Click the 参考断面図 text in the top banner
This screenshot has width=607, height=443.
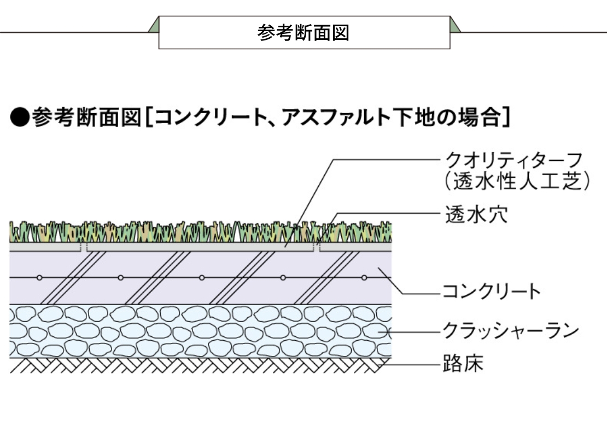tap(303, 33)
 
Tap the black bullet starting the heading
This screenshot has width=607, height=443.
tap(19, 117)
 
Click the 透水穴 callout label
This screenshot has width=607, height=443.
tap(476, 214)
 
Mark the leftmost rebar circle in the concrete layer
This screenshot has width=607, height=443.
tap(39, 278)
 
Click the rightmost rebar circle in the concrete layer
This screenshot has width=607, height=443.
tap(364, 278)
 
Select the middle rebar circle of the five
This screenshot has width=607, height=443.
tap(202, 278)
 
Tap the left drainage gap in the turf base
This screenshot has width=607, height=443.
tap(84, 247)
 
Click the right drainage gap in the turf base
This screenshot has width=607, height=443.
tap(316, 247)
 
